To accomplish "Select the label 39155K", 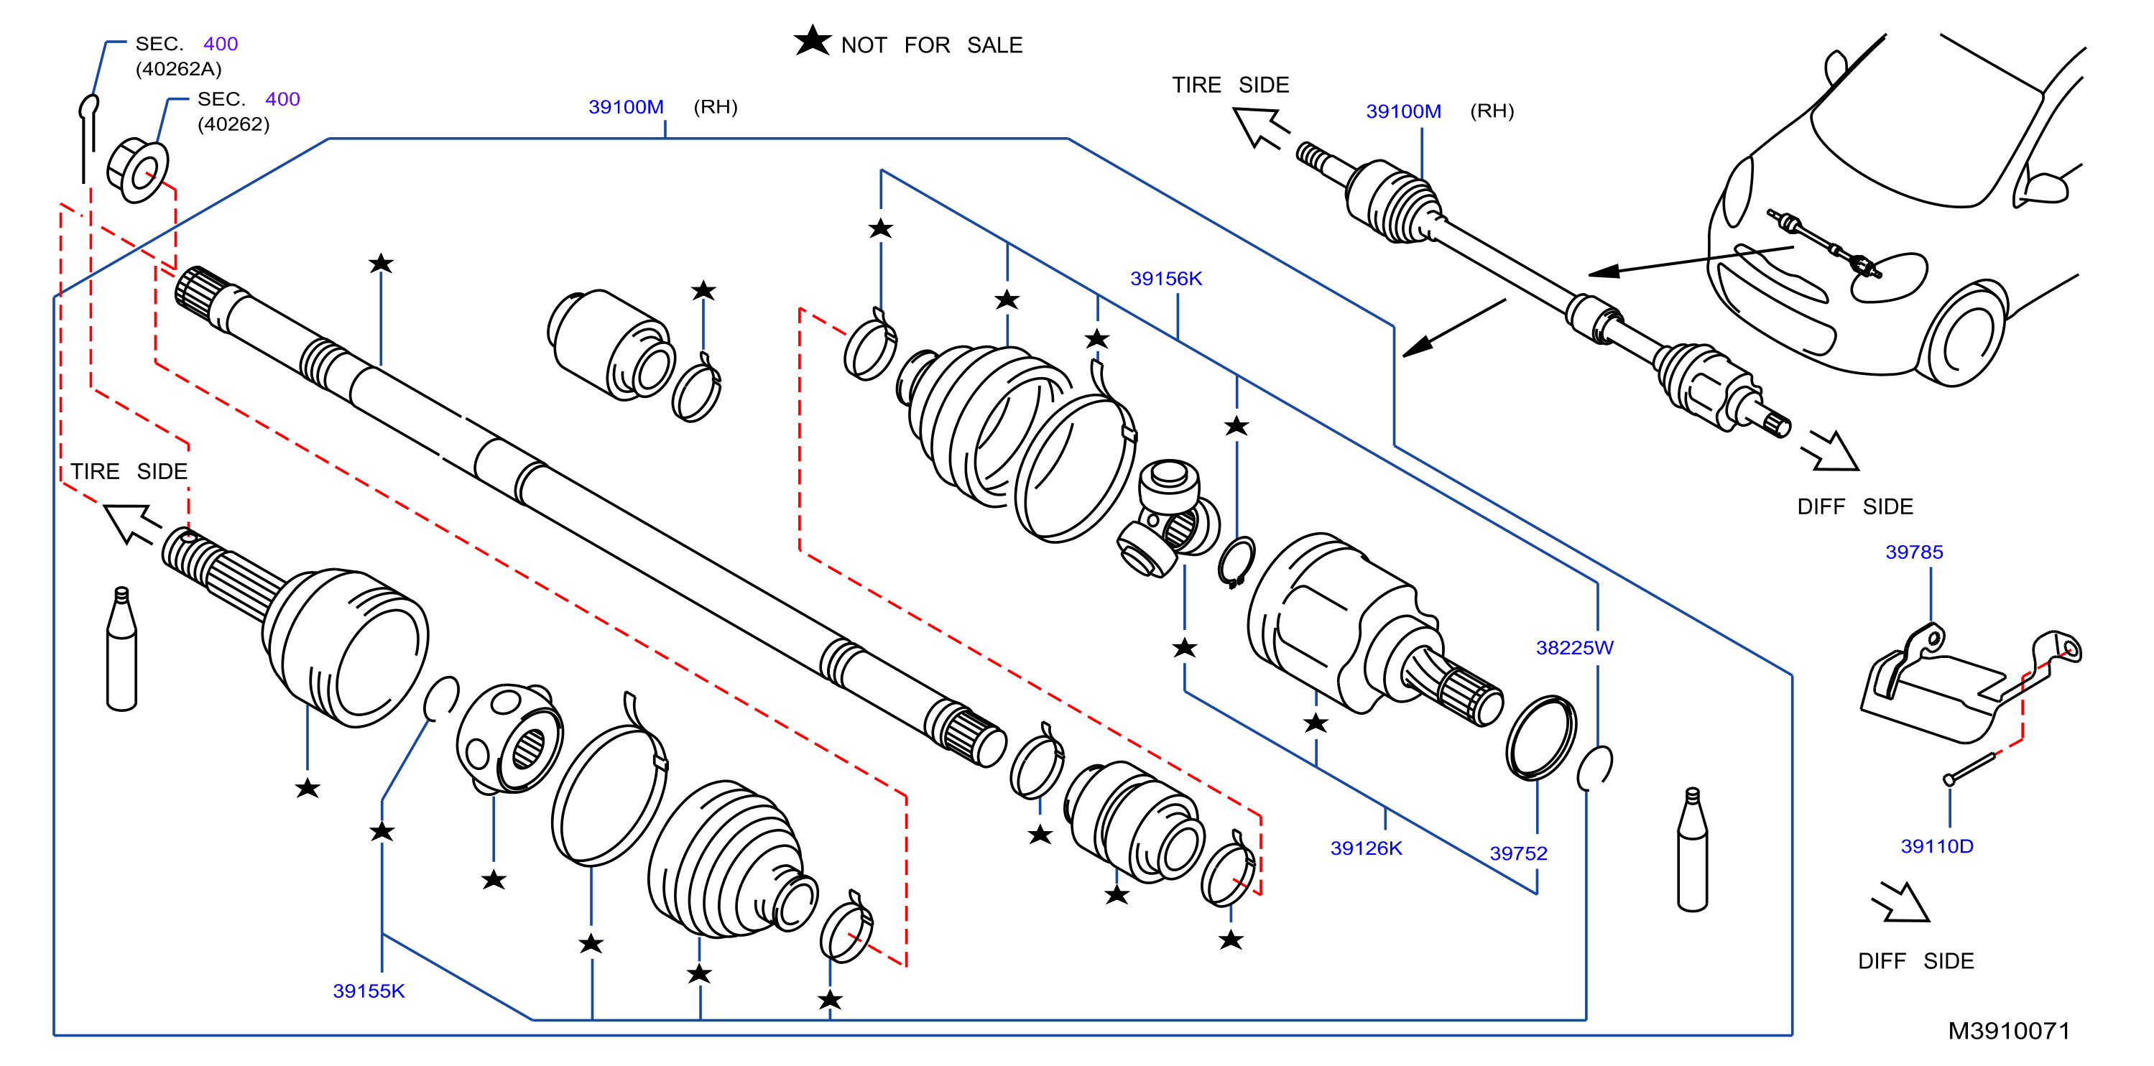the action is point(369,991).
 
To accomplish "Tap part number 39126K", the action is point(1367,848).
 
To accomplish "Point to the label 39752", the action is point(1518,853).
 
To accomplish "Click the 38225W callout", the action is point(1574,647).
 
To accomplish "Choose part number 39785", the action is point(1914,552).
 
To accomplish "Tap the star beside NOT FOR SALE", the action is point(812,40).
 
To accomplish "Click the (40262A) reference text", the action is point(179,68).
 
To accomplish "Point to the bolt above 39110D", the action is point(1970,767).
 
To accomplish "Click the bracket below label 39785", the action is point(1956,685).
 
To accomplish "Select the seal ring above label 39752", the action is point(1542,738).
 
